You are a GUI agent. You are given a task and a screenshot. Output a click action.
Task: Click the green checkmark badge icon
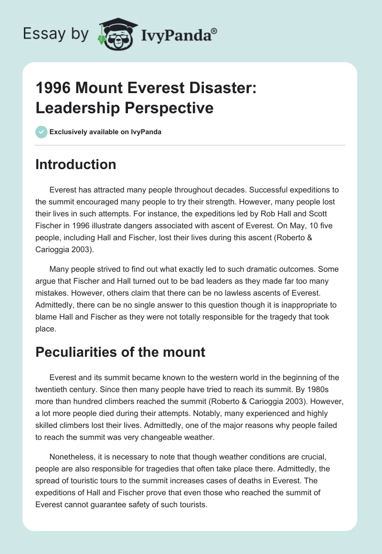click(41, 132)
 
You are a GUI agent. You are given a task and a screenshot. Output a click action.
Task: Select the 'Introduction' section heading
click(76, 165)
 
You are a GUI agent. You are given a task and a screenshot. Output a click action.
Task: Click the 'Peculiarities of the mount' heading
click(120, 352)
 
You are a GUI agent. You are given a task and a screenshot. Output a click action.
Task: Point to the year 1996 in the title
click(52, 90)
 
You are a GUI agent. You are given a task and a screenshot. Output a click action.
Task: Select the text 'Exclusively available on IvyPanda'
click(106, 132)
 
